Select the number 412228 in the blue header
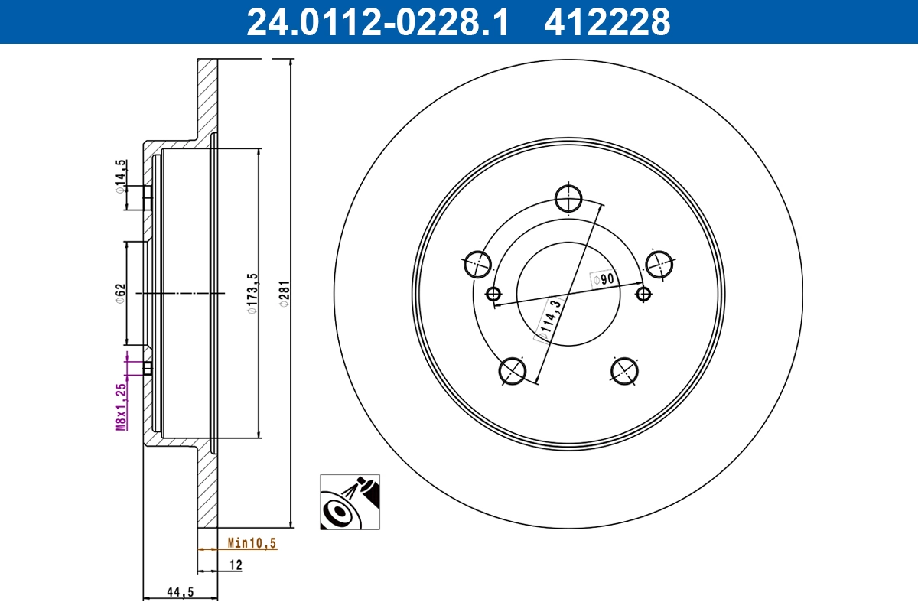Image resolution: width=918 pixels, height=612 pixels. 607,21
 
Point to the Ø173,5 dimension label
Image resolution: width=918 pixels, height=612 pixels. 250,294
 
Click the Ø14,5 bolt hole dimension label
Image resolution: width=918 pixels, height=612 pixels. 120,176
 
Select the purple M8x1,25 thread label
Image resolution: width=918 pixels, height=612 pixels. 120,407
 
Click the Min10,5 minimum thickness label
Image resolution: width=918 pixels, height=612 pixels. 252,544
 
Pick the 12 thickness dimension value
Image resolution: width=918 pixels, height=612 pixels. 235,565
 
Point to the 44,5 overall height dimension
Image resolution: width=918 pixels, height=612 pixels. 180,591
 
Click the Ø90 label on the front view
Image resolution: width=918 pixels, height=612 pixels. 604,279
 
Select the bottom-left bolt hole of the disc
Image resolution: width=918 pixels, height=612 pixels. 512,371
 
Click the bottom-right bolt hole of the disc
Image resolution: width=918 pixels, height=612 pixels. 625,371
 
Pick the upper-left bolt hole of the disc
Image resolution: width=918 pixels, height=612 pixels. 478,264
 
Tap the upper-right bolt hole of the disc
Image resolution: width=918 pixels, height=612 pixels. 659,264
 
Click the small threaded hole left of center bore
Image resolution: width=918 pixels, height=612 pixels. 493,293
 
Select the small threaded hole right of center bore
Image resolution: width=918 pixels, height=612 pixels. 644,293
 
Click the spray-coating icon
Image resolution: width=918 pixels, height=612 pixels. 350,502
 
